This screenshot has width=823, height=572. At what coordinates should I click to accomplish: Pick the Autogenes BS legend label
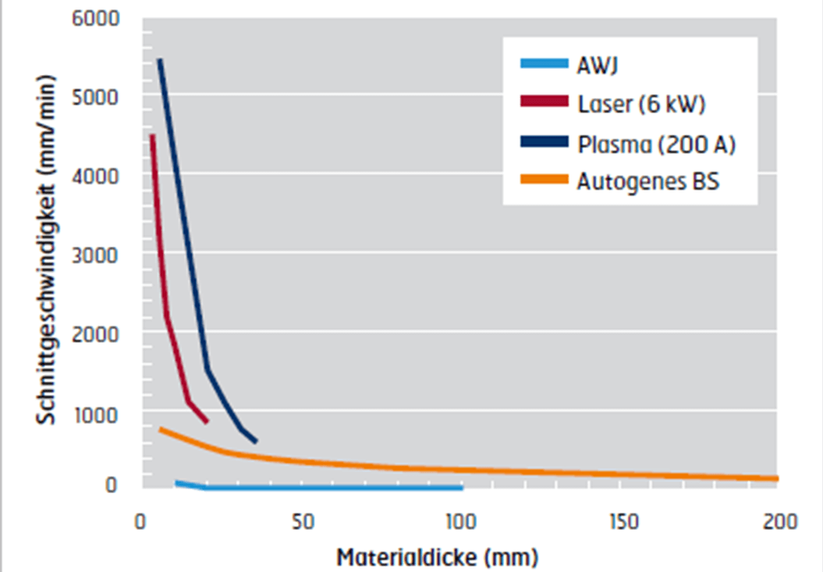pyautogui.click(x=648, y=183)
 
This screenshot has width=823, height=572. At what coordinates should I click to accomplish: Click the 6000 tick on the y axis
pyautogui.click(x=98, y=17)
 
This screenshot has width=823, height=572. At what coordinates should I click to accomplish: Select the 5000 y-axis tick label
pyautogui.click(x=98, y=97)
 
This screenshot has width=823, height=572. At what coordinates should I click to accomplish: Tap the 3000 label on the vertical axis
pyautogui.click(x=98, y=255)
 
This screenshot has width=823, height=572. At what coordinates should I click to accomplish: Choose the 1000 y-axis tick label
pyautogui.click(x=98, y=414)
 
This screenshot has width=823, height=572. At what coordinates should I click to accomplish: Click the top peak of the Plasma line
pyautogui.click(x=160, y=59)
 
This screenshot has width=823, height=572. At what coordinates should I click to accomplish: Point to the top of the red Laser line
pyautogui.click(x=153, y=136)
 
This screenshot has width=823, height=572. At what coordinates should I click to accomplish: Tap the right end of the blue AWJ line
pyautogui.click(x=462, y=488)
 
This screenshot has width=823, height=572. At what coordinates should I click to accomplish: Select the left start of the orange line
pyautogui.click(x=161, y=428)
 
